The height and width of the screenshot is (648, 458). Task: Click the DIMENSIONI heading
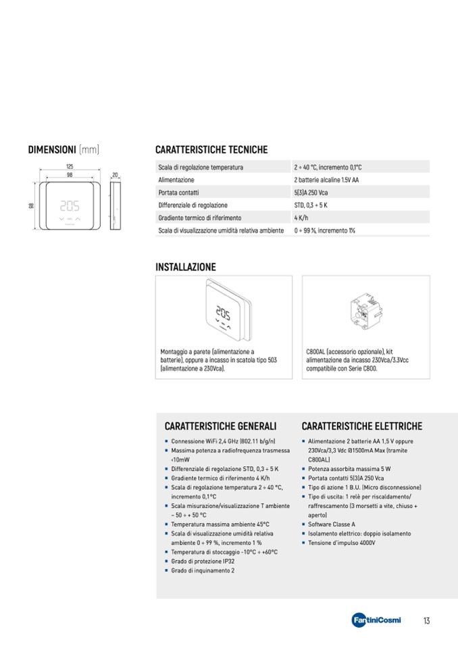click(x=51, y=149)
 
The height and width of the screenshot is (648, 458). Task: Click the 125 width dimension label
click(x=70, y=166)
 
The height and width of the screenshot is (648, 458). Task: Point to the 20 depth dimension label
click(x=115, y=175)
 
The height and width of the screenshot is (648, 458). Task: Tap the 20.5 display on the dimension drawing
click(x=70, y=205)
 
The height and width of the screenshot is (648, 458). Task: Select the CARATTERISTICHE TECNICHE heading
click(x=211, y=149)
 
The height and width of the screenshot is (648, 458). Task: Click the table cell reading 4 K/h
click(x=301, y=218)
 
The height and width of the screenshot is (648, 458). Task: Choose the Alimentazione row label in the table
click(x=176, y=180)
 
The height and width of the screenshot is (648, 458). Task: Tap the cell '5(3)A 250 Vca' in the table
click(x=311, y=193)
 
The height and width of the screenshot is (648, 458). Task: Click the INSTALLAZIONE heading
click(x=186, y=267)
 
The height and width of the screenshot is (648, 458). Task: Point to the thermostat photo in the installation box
click(x=224, y=310)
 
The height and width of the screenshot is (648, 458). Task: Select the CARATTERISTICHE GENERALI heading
click(x=220, y=426)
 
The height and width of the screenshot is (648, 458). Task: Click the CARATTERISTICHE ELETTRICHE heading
click(x=361, y=426)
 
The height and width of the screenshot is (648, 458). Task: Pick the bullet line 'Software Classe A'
click(x=332, y=524)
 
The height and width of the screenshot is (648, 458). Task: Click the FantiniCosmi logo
click(x=376, y=620)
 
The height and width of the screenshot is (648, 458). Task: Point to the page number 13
click(x=426, y=620)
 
